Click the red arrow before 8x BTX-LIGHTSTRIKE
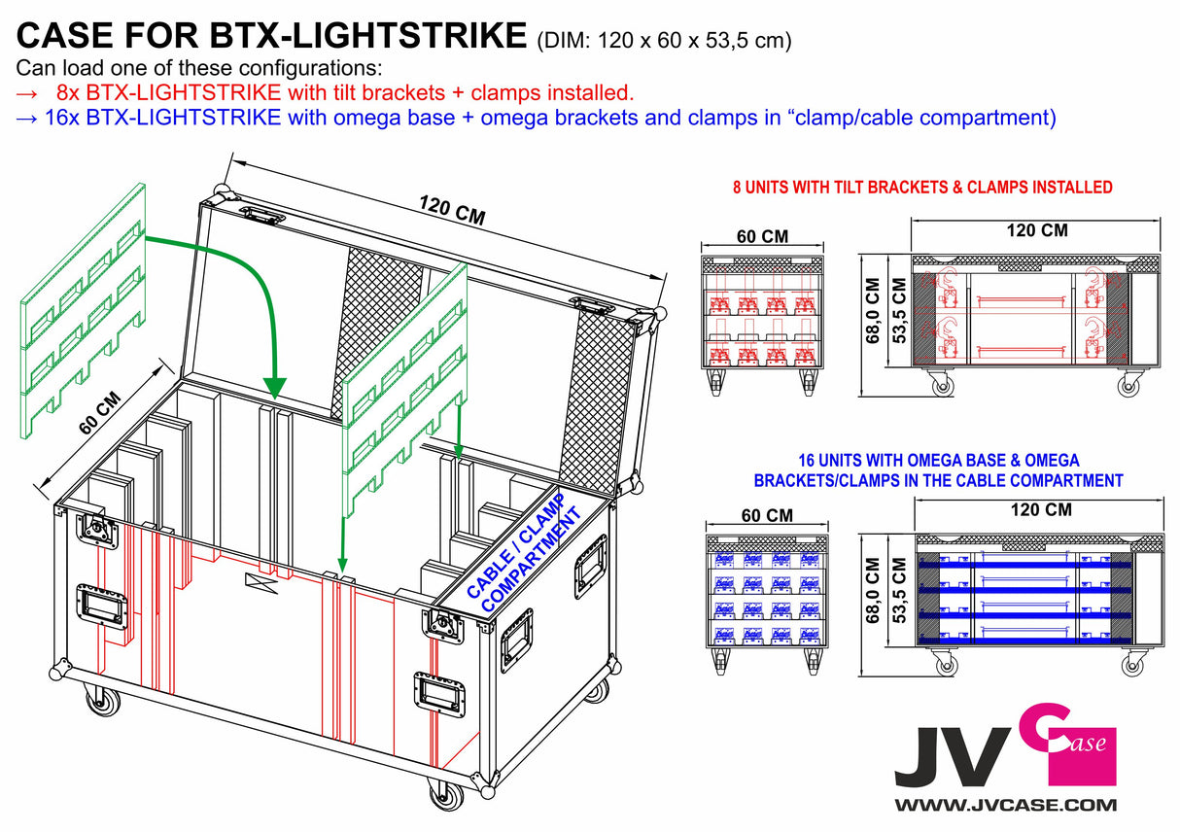click(x=28, y=94)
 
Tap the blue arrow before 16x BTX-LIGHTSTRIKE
click(x=28, y=119)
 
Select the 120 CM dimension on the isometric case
click(x=452, y=210)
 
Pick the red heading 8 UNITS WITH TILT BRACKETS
click(x=921, y=188)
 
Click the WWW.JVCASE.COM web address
click(x=1005, y=805)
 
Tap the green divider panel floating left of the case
click(x=83, y=311)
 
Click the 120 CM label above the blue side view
click(x=1039, y=509)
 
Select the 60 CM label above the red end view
click(x=761, y=236)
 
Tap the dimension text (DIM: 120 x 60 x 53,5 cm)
click(x=664, y=40)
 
